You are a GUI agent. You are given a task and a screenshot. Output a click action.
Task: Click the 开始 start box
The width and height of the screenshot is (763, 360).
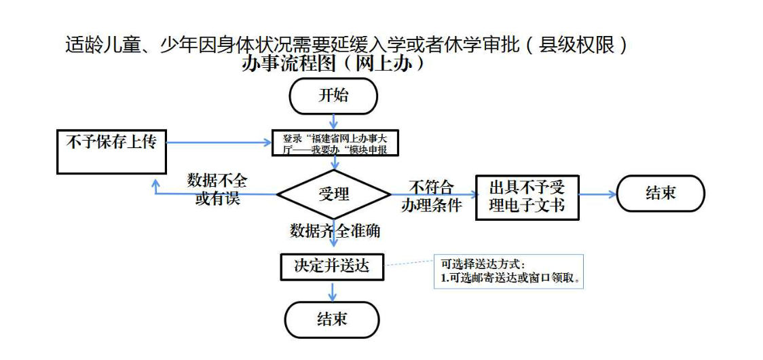pos(333,96)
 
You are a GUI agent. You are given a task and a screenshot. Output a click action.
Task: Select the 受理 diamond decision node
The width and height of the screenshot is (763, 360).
pos(333,194)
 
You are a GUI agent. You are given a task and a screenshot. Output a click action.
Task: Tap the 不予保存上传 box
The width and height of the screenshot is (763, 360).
pos(111,150)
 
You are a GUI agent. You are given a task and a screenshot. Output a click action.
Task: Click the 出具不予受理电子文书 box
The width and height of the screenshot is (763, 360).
pos(527,196)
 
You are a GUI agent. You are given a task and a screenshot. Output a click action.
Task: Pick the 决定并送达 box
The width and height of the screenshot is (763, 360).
pos(332,266)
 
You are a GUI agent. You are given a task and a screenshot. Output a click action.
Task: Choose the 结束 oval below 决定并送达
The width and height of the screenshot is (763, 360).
pos(332,319)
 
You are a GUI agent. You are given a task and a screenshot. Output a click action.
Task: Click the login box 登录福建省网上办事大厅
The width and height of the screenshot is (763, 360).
pos(335,144)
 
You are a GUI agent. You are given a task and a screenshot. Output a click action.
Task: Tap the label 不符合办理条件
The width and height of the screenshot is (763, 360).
pos(431,196)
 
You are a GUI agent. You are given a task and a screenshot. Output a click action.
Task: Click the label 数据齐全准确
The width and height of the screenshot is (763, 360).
pos(335,231)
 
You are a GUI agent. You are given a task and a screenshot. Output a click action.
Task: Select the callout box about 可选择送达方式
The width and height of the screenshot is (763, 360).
pos(508,271)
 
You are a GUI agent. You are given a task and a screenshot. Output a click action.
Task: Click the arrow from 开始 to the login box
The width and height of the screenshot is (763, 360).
pos(333,122)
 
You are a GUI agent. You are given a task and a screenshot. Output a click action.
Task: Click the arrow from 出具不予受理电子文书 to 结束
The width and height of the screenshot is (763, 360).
pos(597,194)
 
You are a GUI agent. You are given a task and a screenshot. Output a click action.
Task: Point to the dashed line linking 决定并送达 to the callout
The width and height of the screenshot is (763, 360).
pos(408,264)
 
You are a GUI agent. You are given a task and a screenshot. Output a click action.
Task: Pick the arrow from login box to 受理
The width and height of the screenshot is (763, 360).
pos(334,164)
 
